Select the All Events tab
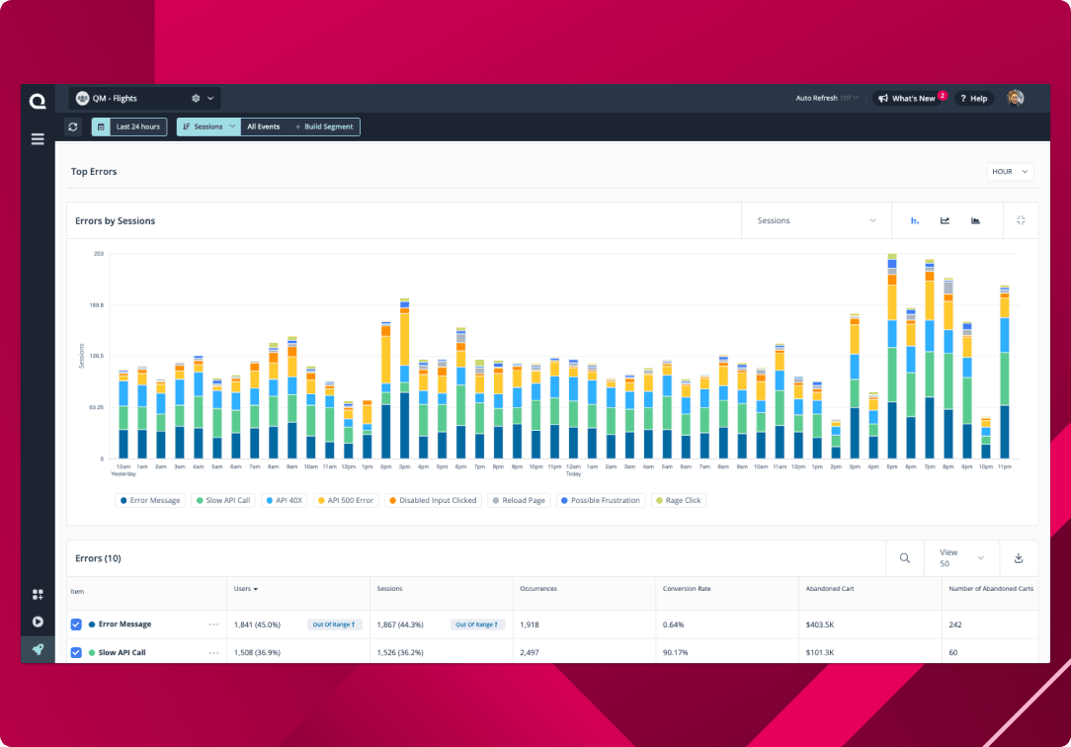pos(263,126)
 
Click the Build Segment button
pos(325,126)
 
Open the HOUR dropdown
pos(1010,172)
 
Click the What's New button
pos(908,99)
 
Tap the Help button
pos(973,99)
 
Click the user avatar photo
pos(1015,98)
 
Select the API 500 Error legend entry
pos(347,501)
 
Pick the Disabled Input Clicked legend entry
pos(432,501)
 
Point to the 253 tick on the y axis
pos(99,254)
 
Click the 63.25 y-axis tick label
pos(97,407)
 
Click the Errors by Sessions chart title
pos(116,221)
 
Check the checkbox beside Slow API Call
pos(76,653)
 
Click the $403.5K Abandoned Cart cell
pos(822,624)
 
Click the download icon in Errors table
pos(1019,558)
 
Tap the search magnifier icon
pos(904,558)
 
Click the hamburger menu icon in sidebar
pos(38,139)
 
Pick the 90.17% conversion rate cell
pos(677,653)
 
